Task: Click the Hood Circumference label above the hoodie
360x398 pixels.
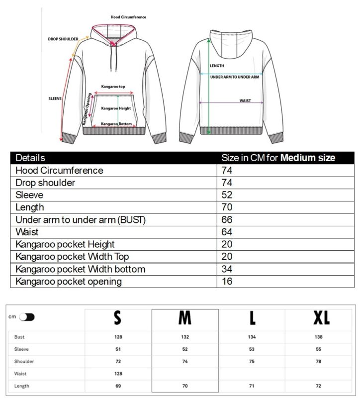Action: pos(128,17)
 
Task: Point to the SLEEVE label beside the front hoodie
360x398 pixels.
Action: pos(55,99)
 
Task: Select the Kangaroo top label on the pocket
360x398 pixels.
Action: pos(113,86)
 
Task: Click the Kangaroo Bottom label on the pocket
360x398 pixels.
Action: pos(116,124)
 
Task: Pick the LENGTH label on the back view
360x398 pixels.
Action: pos(217,66)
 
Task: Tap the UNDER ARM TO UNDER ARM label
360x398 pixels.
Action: pos(235,77)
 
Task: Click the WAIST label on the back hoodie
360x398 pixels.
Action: pos(245,100)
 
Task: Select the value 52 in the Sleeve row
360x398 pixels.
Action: pos(227,195)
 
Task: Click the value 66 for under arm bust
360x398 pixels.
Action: pos(227,220)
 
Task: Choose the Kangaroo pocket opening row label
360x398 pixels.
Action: pos(69,282)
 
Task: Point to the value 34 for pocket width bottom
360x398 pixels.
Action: pos(227,269)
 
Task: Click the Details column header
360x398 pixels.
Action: pos(30,158)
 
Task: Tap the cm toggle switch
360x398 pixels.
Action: pos(27,317)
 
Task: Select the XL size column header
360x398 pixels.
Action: pos(321,317)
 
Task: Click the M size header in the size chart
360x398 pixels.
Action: pos(185,317)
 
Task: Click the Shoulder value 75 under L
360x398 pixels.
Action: pos(252,361)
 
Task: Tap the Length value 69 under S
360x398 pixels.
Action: pos(118,386)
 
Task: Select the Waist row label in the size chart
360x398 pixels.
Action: pos(20,373)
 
